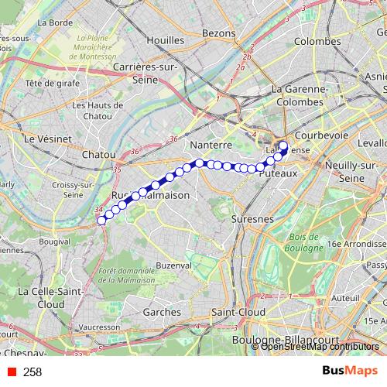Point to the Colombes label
317,40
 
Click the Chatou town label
98,155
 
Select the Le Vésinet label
48,139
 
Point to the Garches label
163,311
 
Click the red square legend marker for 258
12,372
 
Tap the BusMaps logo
350,372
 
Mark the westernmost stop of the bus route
101,221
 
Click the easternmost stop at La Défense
283,146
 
